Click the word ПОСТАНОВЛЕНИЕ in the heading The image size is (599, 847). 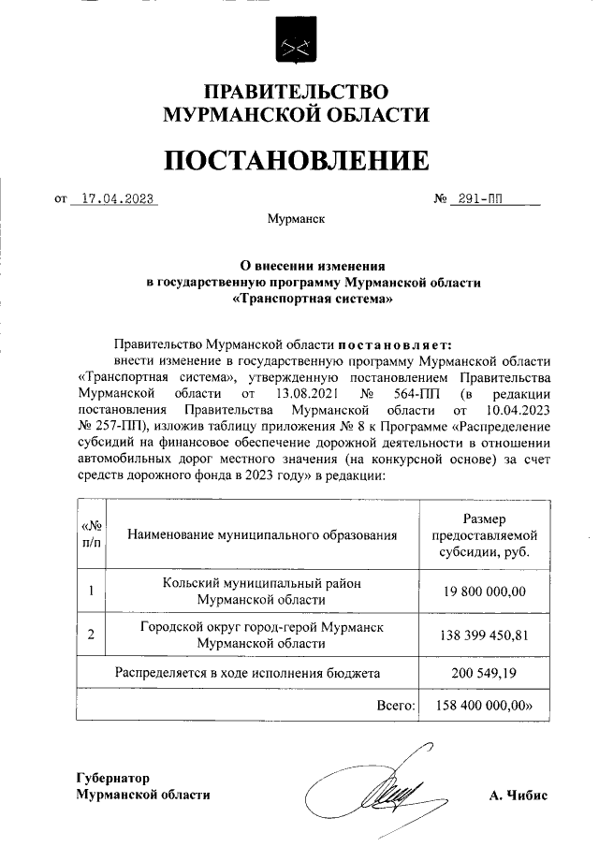click(x=297, y=160)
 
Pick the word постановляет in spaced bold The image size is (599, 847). click(x=394, y=344)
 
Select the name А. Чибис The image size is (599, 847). click(x=518, y=795)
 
